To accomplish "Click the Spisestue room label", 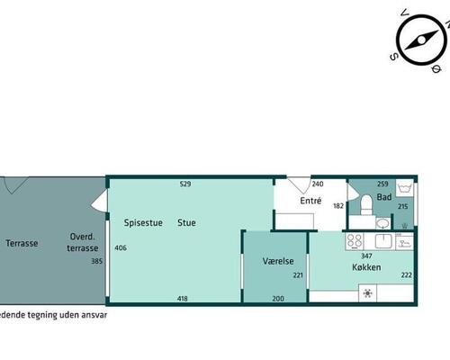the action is (x=143, y=223).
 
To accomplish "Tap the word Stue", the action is (x=186, y=222).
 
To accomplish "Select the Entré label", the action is (x=310, y=201).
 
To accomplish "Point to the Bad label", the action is (x=384, y=197).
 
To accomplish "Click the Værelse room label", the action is (x=278, y=261).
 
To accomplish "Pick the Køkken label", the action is (x=366, y=267).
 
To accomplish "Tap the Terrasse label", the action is (x=22, y=243).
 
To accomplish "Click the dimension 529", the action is (x=185, y=184).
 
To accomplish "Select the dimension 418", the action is (x=183, y=299).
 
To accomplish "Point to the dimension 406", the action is (x=121, y=247).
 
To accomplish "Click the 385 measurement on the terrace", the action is (x=97, y=261).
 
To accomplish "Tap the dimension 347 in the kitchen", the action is (x=366, y=256).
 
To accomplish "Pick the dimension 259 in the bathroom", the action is (x=382, y=184).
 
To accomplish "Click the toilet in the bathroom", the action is (x=366, y=204).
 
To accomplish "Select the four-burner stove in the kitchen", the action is (x=355, y=241).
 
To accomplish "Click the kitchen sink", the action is (x=383, y=241).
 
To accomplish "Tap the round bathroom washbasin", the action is (x=382, y=223).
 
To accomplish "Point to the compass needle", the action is (x=421, y=40).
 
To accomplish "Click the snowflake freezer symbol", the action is (x=368, y=293).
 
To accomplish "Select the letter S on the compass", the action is (x=393, y=57).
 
